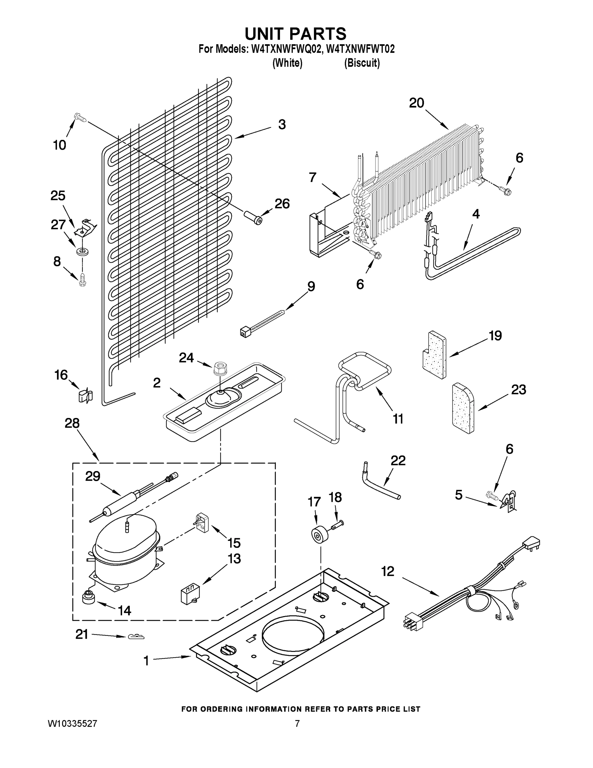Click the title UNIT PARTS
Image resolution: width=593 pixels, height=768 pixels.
point(295,34)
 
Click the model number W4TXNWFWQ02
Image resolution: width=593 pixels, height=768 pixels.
point(286,49)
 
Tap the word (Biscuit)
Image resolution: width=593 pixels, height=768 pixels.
point(362,63)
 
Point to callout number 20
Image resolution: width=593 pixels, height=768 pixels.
point(417,103)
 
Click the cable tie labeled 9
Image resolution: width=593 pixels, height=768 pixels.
point(262,321)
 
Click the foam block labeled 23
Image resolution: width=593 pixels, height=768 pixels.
point(463,408)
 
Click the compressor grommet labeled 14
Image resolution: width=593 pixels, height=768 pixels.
point(89,597)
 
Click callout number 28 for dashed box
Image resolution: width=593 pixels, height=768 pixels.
point(72,423)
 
